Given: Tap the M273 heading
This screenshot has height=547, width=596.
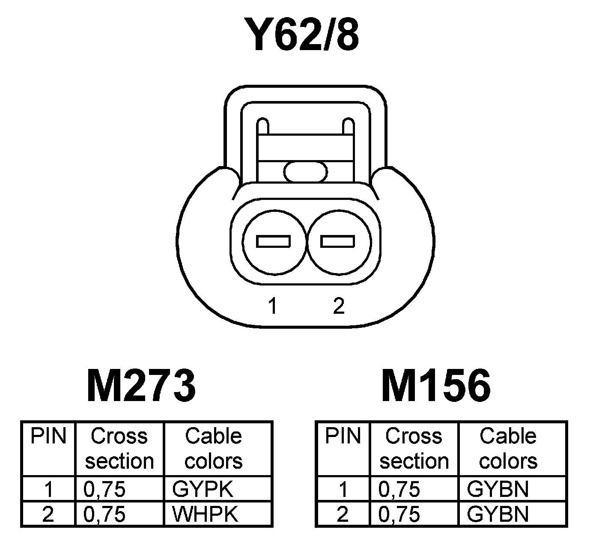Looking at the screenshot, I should click(x=141, y=386).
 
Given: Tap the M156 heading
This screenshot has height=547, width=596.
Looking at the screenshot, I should click(x=436, y=386).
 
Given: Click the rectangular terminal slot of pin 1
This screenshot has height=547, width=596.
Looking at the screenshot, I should click(x=274, y=241).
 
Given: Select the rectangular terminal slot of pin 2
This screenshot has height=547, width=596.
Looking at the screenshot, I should click(x=338, y=241).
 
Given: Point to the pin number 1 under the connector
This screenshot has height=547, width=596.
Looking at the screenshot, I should click(x=272, y=306).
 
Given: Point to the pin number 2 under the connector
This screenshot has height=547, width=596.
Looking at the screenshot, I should click(x=338, y=306).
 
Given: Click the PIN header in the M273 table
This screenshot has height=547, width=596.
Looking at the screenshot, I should click(x=48, y=437).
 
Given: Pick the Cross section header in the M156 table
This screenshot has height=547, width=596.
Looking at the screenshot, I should click(x=414, y=449).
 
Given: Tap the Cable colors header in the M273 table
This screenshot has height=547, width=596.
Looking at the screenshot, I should click(x=214, y=449).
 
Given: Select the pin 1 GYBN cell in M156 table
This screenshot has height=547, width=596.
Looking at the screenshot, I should click(x=498, y=489).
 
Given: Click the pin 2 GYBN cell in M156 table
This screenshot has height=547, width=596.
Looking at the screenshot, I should click(x=498, y=514).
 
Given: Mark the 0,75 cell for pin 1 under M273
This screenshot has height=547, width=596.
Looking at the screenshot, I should click(x=105, y=489).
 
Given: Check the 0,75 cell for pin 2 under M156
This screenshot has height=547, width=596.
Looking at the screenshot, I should click(x=399, y=514).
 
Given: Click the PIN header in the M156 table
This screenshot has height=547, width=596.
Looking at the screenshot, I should click(x=343, y=437).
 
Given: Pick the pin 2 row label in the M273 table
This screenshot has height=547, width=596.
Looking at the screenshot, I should click(x=48, y=514).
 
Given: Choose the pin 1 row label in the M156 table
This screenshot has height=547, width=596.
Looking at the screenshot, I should click(x=343, y=489).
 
